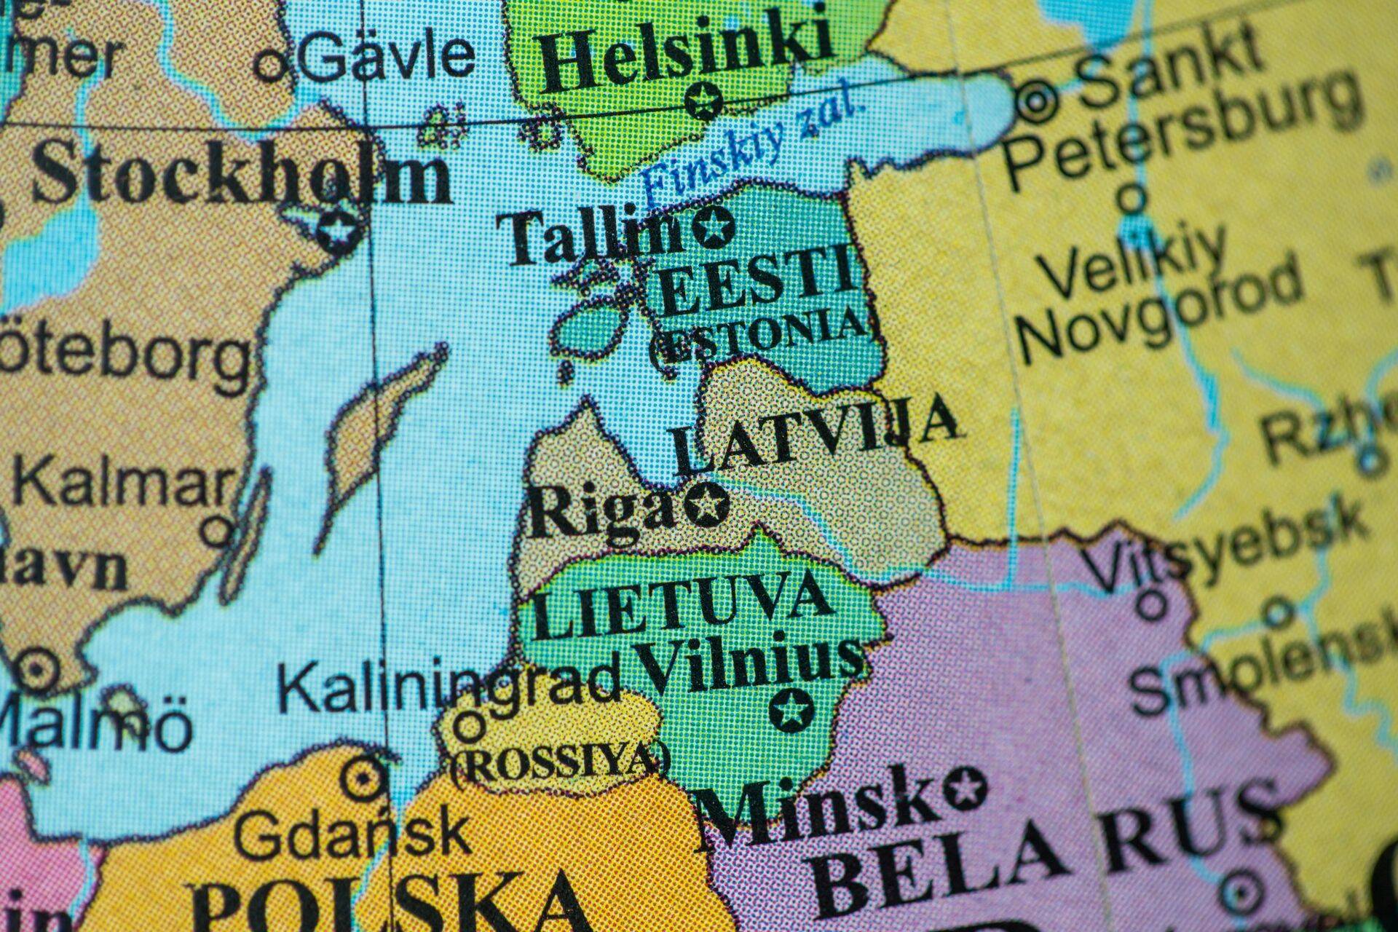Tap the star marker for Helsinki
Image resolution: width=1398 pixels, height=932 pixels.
point(703,100)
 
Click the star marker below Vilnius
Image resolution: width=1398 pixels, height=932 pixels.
point(791,708)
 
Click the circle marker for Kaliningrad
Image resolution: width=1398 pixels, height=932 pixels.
point(469,726)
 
